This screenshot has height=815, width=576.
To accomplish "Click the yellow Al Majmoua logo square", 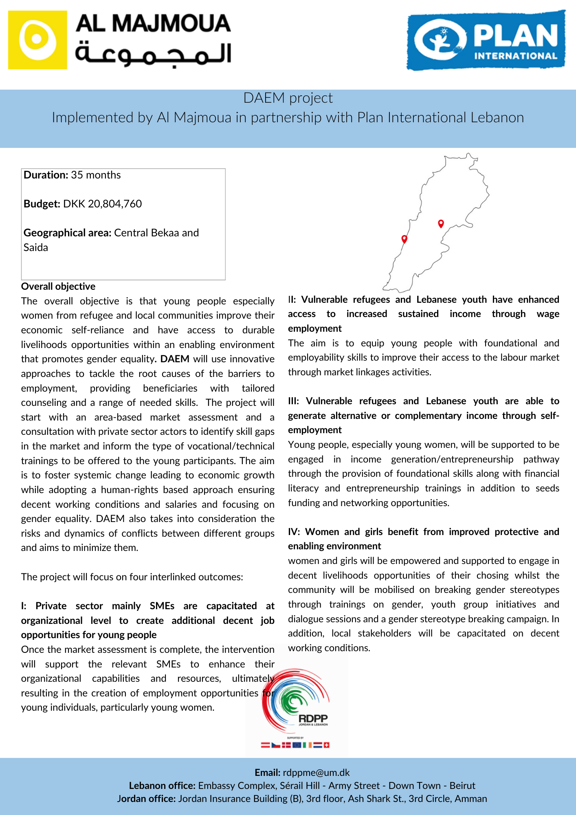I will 37,40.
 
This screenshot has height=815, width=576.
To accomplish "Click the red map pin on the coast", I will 404,239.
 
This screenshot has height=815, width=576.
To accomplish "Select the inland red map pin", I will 441,223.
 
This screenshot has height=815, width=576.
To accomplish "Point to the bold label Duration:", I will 46,175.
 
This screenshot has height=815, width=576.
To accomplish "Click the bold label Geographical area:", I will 67,233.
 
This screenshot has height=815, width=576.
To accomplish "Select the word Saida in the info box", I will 36,247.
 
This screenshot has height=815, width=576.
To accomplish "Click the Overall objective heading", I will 58,286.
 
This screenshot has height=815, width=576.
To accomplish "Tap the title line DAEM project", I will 288,98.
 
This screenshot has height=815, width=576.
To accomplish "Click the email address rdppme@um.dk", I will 316,773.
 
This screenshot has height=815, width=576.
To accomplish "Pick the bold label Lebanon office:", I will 162,786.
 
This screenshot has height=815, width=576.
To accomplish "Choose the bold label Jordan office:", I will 146,799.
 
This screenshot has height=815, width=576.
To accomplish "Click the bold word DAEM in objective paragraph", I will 175,359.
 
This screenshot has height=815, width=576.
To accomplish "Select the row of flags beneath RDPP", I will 295,745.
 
